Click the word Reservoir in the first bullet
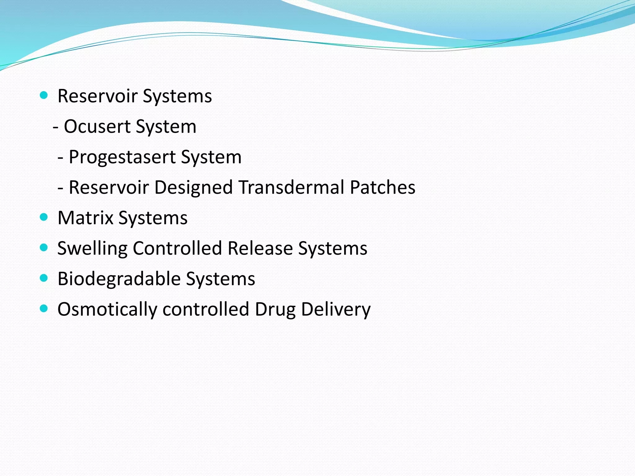tap(97, 96)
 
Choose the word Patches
tap(382, 187)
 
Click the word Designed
tap(193, 187)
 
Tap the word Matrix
tap(85, 218)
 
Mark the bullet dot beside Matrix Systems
tap(44, 217)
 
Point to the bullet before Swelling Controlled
tap(44, 247)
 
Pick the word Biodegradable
tap(119, 279)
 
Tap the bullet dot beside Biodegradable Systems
tap(44, 278)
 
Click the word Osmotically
tap(107, 310)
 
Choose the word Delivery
tap(335, 310)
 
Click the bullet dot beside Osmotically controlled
tap(44, 308)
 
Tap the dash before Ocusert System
tap(56, 127)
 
